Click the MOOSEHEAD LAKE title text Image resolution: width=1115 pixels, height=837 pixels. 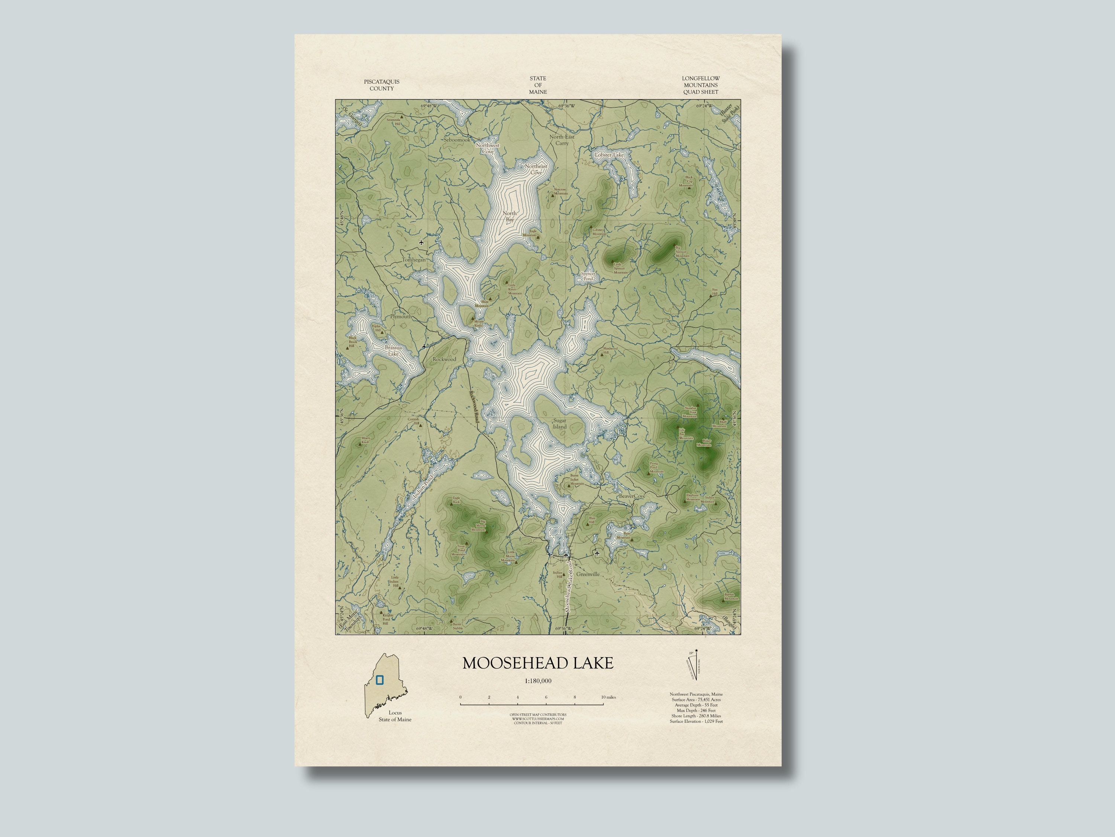pos(538,663)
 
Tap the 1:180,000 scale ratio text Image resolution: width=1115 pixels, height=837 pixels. pos(538,681)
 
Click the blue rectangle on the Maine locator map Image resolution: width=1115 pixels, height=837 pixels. pos(379,680)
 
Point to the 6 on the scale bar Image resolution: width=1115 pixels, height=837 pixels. pos(546,697)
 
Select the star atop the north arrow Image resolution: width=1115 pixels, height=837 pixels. pos(696,650)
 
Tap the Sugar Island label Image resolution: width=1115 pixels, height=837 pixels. pos(559,423)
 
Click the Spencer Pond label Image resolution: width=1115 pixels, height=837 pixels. pos(588,276)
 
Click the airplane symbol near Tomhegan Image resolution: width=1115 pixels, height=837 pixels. pos(421,243)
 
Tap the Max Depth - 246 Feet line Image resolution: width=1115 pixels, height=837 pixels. pos(696,711)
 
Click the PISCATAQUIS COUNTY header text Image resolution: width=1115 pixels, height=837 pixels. pos(382,85)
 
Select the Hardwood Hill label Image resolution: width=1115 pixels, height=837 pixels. pos(610,350)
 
